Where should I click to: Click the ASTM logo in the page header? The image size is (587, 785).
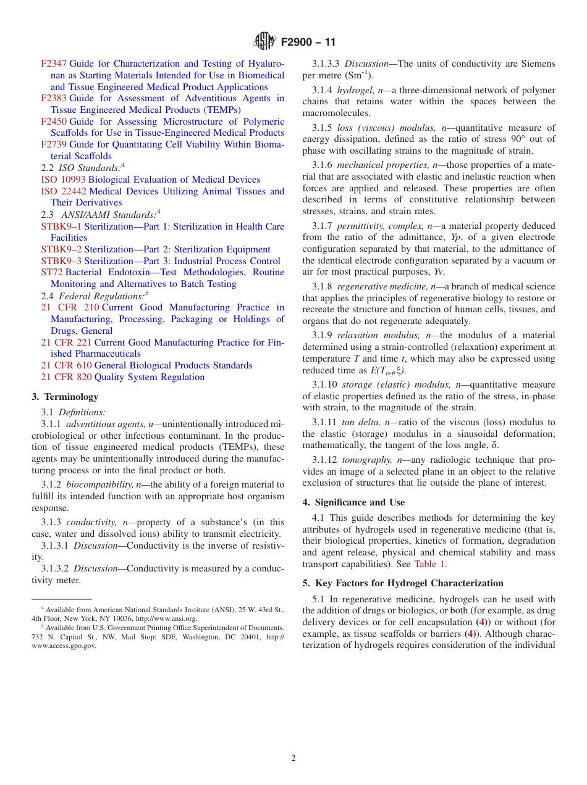[264, 42]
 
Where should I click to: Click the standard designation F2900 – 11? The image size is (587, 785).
[308, 43]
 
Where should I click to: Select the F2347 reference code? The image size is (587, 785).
[54, 64]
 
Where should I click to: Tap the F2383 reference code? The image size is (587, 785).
[54, 98]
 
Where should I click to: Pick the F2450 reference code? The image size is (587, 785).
[54, 122]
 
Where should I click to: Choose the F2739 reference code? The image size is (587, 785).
[54, 144]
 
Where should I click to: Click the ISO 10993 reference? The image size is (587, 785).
[63, 180]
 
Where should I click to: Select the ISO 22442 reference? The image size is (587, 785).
[63, 191]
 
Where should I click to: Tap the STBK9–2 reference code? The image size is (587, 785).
[61, 249]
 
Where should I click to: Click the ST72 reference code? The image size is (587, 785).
[52, 272]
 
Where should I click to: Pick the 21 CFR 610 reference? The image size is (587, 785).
[66, 365]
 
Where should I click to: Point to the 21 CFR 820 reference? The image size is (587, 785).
[66, 377]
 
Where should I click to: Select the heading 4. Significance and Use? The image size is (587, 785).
[353, 502]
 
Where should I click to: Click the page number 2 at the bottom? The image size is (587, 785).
[293, 758]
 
